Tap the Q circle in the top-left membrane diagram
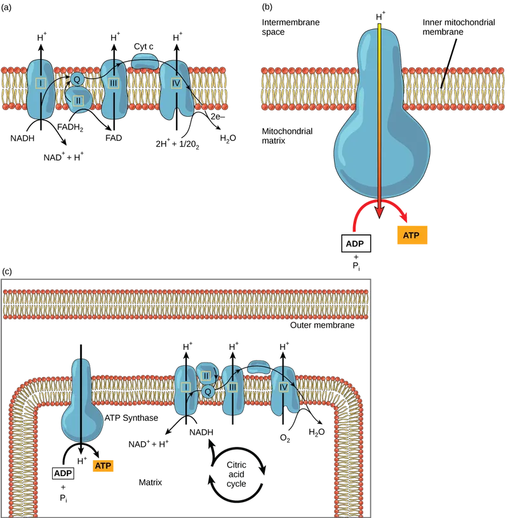77,79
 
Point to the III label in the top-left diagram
114,83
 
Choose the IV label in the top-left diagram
176,83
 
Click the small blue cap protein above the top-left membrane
145,61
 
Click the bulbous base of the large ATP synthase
381,159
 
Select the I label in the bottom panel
186,387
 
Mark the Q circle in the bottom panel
207,392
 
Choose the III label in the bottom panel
233,387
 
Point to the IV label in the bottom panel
284,386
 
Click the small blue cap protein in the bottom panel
259,368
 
